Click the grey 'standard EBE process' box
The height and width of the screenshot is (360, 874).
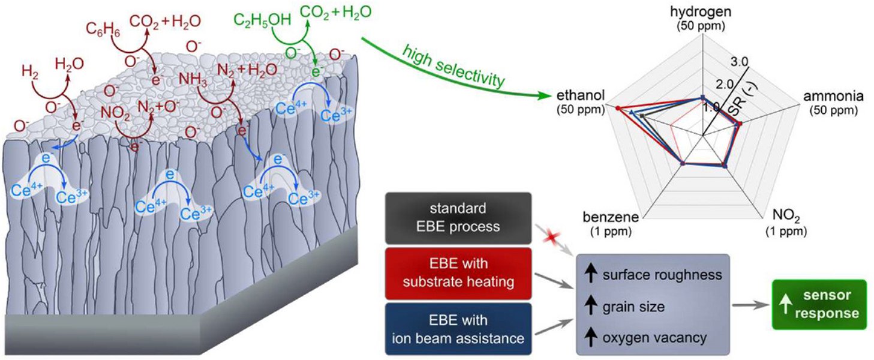pyautogui.click(x=459, y=218)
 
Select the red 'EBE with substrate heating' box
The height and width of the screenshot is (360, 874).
pyautogui.click(x=459, y=272)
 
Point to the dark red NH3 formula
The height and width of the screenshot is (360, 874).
pyautogui.click(x=193, y=78)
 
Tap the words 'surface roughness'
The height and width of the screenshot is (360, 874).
pyautogui.click(x=662, y=276)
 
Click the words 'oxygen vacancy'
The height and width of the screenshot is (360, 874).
pyautogui.click(x=654, y=337)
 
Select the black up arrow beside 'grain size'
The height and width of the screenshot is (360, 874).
pyautogui.click(x=592, y=307)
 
